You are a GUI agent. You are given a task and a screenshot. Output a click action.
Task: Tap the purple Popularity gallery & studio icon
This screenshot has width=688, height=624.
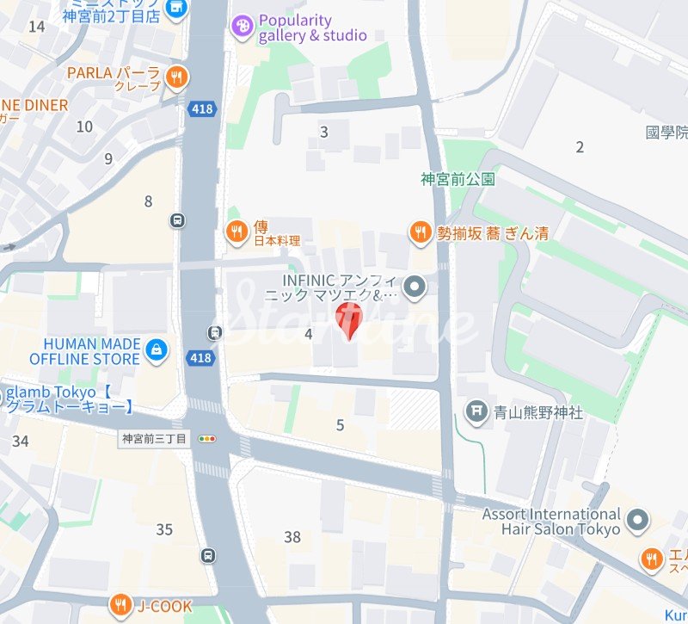[x=243, y=28]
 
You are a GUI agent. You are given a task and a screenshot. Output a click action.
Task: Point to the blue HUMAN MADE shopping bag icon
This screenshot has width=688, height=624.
[x=157, y=350]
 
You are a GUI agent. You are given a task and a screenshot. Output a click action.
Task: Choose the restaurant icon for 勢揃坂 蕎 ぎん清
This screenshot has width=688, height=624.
[x=420, y=231]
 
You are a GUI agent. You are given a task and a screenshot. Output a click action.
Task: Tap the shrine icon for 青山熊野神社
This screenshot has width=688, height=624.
[x=476, y=411]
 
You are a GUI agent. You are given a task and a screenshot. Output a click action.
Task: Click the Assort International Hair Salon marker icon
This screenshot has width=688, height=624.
[x=637, y=521]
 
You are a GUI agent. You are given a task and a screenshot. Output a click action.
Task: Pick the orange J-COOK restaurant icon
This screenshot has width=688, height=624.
[x=120, y=605]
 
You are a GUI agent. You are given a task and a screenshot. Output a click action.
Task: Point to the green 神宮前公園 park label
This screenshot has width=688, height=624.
[x=458, y=180]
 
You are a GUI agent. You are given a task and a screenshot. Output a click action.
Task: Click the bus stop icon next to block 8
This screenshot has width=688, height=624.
[x=178, y=220]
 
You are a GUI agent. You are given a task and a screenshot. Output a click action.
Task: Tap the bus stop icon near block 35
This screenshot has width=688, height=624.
[x=208, y=555]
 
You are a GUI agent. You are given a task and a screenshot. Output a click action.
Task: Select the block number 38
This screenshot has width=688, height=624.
[x=292, y=537]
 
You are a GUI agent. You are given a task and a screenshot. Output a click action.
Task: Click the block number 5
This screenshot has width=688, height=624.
[x=340, y=425]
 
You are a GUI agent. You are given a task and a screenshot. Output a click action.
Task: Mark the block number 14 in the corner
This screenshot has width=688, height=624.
[x=36, y=27]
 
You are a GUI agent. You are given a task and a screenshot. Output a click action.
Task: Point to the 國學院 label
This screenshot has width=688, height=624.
[x=666, y=133]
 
